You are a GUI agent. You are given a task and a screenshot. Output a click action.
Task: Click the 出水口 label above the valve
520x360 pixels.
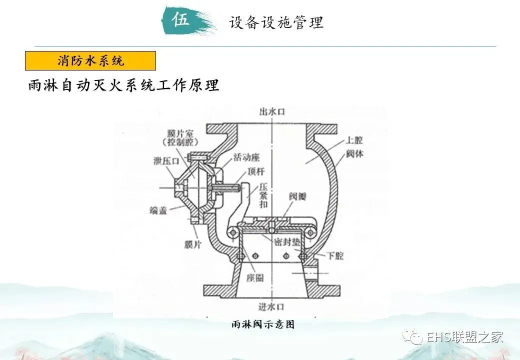point(271,111)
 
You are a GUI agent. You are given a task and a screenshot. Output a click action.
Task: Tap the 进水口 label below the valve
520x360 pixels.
point(271,305)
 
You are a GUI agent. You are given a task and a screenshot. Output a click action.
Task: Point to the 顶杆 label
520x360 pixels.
point(257,172)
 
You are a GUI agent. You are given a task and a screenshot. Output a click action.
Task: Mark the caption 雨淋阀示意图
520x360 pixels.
point(262,324)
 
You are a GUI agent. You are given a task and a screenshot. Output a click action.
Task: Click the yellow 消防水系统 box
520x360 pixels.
point(90,61)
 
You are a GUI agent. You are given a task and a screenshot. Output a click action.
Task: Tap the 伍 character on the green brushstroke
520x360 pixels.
point(181,20)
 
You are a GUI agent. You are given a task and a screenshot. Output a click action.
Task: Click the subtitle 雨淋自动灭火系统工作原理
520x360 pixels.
point(122,85)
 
